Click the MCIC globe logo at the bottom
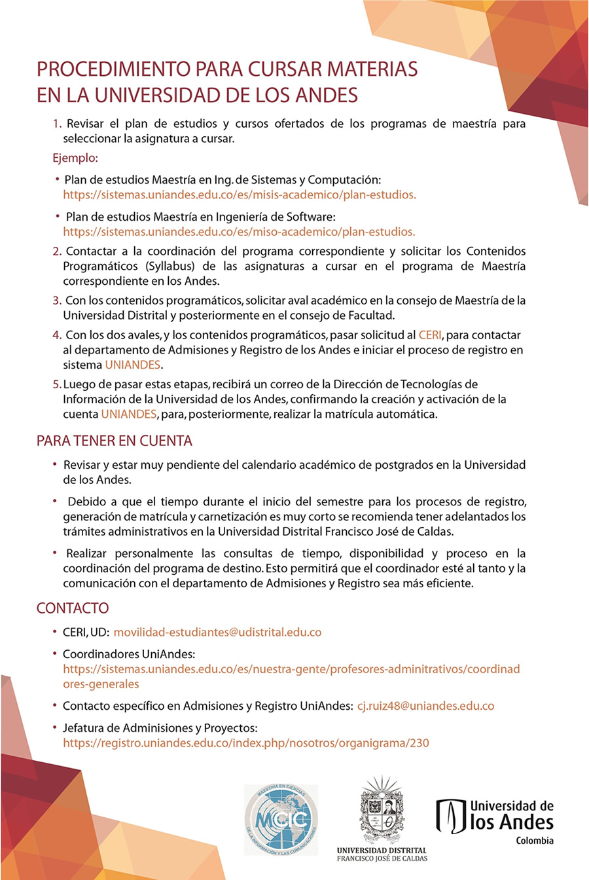click(281, 820)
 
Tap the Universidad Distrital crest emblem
click(382, 811)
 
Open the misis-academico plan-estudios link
click(240, 194)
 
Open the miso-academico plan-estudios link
click(239, 231)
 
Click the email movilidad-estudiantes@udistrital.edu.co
click(217, 632)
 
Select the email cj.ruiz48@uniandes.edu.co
click(425, 706)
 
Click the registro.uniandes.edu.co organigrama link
click(246, 743)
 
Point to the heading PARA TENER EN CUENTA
click(115, 441)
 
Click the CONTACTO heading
click(73, 608)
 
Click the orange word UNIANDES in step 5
click(129, 414)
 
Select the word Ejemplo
click(75, 158)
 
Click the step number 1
click(56, 124)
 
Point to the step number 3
click(56, 301)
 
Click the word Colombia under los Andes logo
click(534, 841)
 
